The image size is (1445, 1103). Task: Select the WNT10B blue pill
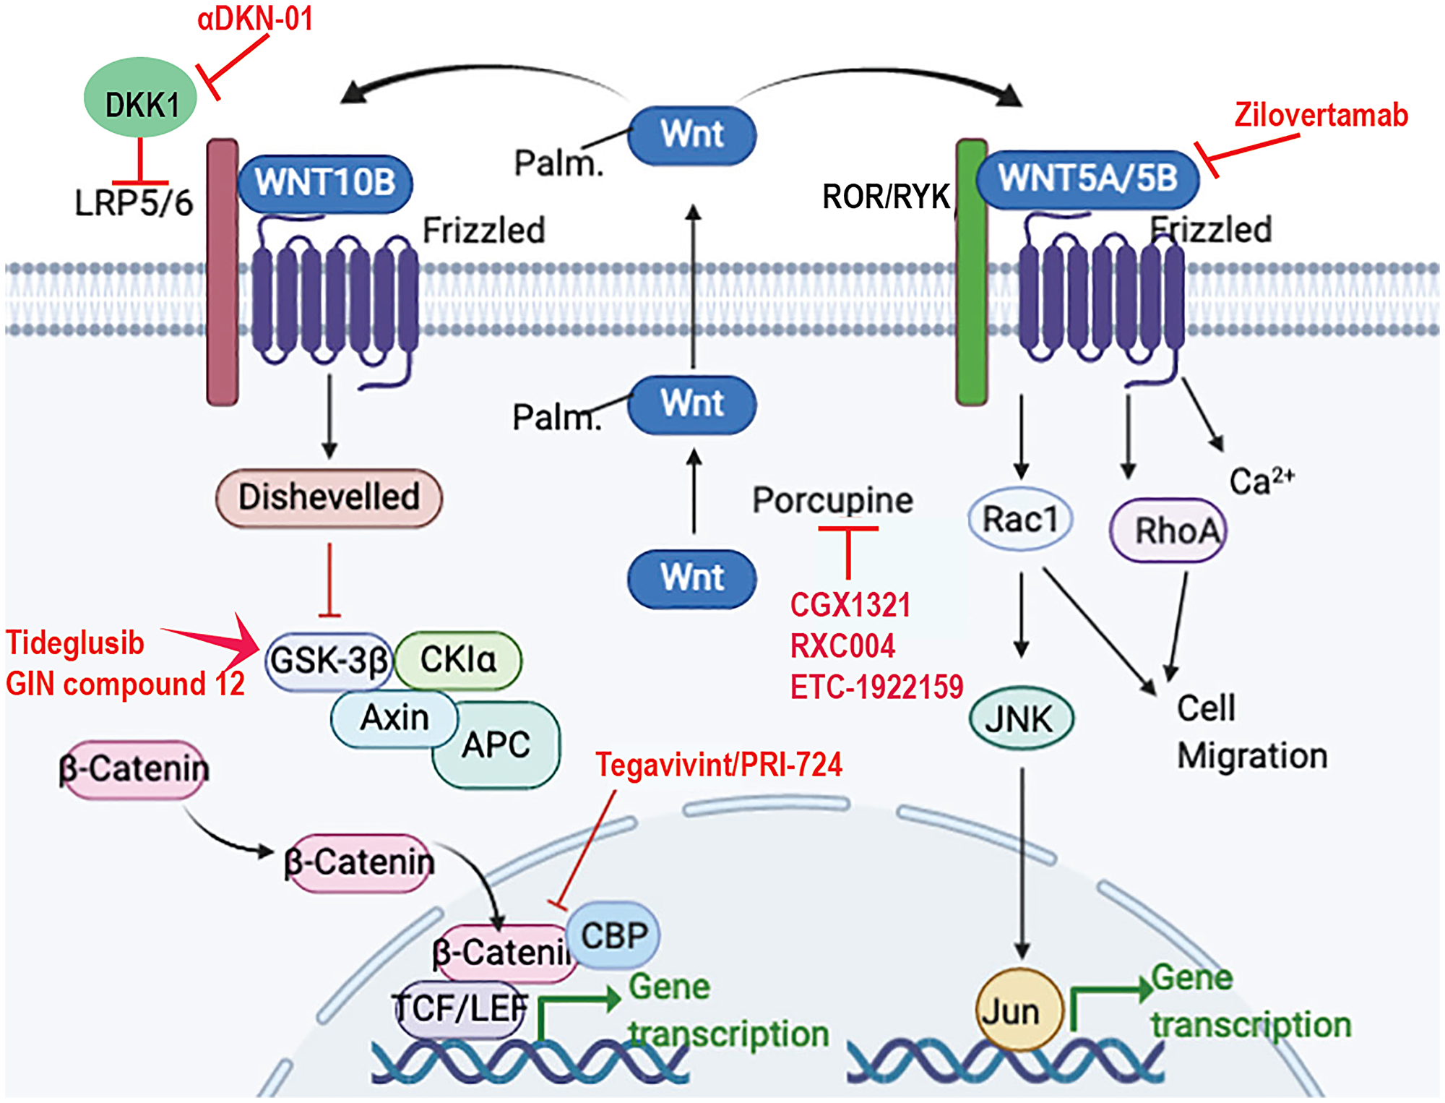pyautogui.click(x=325, y=183)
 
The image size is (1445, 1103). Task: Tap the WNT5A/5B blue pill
pyautogui.click(x=1087, y=179)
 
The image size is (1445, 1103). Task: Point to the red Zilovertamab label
pyautogui.click(x=1321, y=116)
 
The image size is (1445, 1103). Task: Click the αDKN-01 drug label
pyautogui.click(x=255, y=18)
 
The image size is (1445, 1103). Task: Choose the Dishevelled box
pyautogui.click(x=329, y=497)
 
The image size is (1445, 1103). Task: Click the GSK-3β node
pyautogui.click(x=329, y=661)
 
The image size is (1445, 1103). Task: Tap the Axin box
pyautogui.click(x=394, y=718)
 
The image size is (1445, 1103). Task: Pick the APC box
pyautogui.click(x=497, y=744)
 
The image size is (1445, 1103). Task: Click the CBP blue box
pyautogui.click(x=614, y=935)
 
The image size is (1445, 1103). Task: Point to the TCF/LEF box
pyautogui.click(x=460, y=1009)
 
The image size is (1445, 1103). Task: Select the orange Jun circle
pyautogui.click(x=1019, y=1010)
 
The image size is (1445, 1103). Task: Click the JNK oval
pyautogui.click(x=1020, y=718)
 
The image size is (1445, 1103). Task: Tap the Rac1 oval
pyautogui.click(x=1019, y=519)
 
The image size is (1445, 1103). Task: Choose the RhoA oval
pyautogui.click(x=1169, y=531)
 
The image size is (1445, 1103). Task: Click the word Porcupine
pyautogui.click(x=832, y=500)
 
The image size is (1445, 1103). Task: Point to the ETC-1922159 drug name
pyautogui.click(x=876, y=687)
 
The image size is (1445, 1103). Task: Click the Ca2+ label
pyautogui.click(x=1261, y=480)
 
